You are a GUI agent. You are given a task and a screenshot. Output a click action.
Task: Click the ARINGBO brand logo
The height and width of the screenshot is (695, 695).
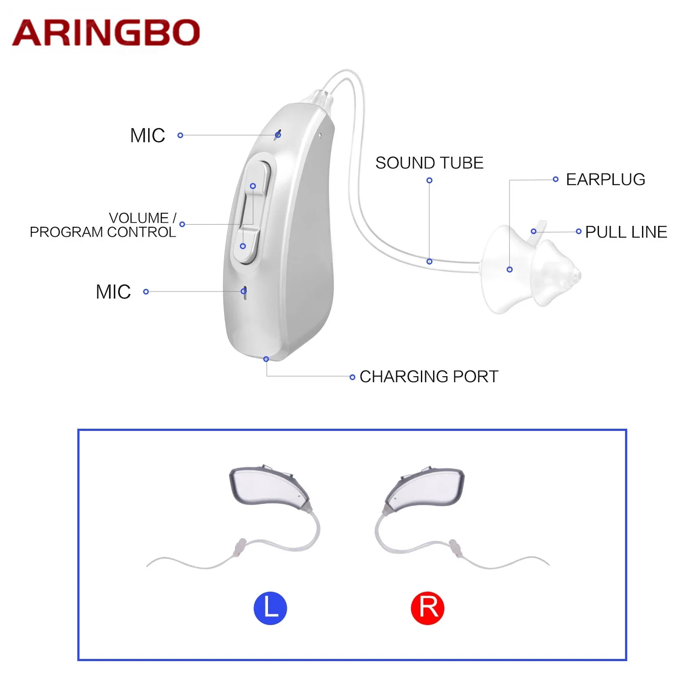pyautogui.click(x=106, y=33)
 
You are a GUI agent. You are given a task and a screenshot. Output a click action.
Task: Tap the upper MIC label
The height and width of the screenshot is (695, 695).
pyautogui.click(x=148, y=136)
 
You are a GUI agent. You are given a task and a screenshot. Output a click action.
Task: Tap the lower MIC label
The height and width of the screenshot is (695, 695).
pyautogui.click(x=113, y=292)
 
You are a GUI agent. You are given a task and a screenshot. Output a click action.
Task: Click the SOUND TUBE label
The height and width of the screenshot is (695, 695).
pyautogui.click(x=429, y=163)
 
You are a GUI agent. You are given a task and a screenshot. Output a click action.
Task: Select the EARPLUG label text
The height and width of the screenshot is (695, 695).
pyautogui.click(x=605, y=179)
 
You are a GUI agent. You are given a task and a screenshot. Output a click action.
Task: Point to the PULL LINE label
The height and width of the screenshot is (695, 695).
pyautogui.click(x=626, y=232)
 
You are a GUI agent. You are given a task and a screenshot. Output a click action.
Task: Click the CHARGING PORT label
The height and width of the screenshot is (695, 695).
pyautogui.click(x=429, y=377)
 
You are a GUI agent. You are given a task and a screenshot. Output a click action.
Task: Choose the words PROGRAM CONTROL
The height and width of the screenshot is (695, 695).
pyautogui.click(x=103, y=232)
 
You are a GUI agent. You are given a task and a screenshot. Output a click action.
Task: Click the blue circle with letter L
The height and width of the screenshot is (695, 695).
pyautogui.click(x=270, y=608)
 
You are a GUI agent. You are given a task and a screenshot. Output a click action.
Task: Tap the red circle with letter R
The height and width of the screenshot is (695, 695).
pyautogui.click(x=427, y=608)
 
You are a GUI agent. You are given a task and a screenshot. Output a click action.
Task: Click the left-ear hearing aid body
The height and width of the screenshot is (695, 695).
pyautogui.click(x=267, y=486)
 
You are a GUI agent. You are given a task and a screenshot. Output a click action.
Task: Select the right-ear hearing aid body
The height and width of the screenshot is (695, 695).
pyautogui.click(x=428, y=486)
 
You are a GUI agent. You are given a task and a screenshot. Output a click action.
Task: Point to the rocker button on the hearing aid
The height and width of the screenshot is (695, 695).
pyautogui.click(x=252, y=213)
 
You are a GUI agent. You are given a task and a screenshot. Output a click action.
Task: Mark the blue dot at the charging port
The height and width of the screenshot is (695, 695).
pyautogui.click(x=266, y=359)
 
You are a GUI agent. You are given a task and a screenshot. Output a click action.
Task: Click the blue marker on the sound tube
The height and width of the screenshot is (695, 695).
pyautogui.click(x=429, y=261)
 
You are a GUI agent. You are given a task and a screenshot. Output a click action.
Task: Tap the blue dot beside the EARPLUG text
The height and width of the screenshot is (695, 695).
pyautogui.click(x=555, y=179)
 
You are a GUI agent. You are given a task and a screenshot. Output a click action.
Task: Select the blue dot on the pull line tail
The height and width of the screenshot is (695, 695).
pyautogui.click(x=533, y=231)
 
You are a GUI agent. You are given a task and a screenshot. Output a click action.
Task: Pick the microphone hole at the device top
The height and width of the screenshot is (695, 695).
pyautogui.click(x=278, y=134)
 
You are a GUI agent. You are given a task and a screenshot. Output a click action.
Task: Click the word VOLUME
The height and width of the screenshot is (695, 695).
pyautogui.click(x=139, y=218)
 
